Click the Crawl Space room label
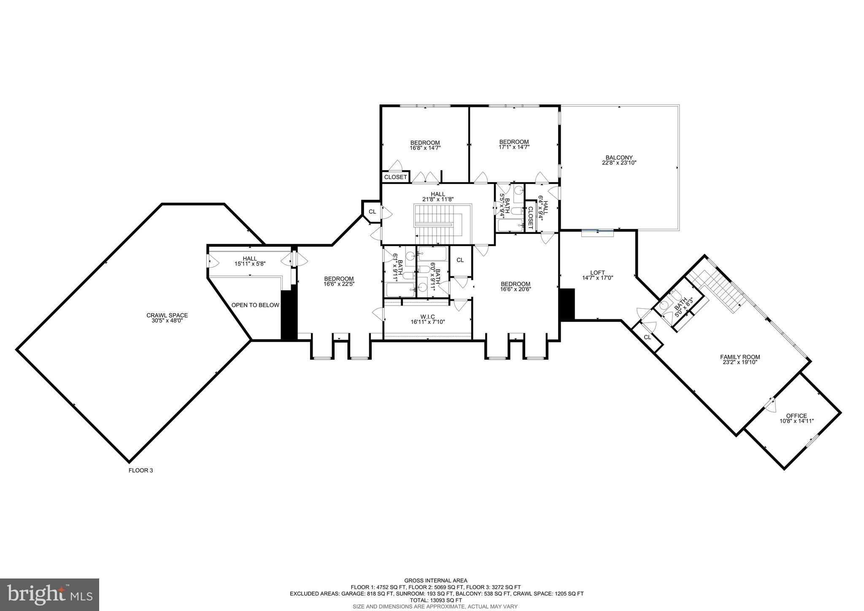(167, 315)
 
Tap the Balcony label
(619, 158)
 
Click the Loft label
(597, 272)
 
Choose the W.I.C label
(428, 317)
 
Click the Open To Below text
(255, 305)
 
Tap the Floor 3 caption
(140, 470)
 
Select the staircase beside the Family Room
(717, 291)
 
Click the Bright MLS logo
(49, 594)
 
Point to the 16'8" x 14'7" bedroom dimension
(425, 148)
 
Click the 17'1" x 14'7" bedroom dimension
(514, 147)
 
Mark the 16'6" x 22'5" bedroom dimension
(339, 284)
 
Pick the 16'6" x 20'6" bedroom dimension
(515, 289)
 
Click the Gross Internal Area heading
(436, 581)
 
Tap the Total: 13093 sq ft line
(436, 600)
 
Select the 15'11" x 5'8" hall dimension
(250, 263)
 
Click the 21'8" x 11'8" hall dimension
(438, 199)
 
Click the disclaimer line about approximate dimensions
(436, 606)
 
